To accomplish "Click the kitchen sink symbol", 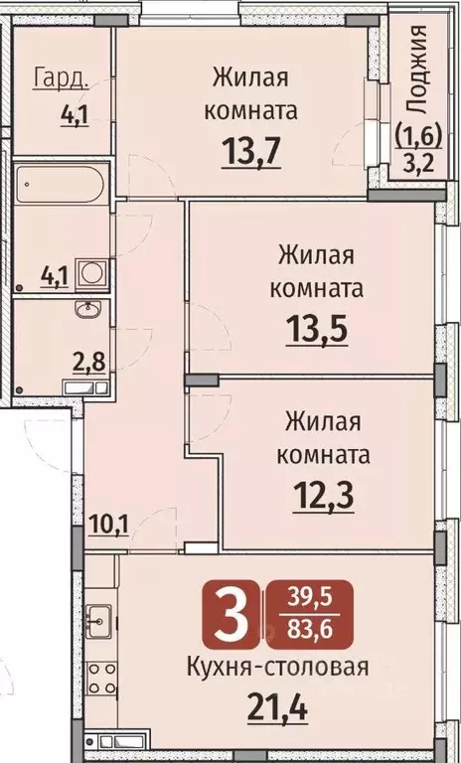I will point(97,621).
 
